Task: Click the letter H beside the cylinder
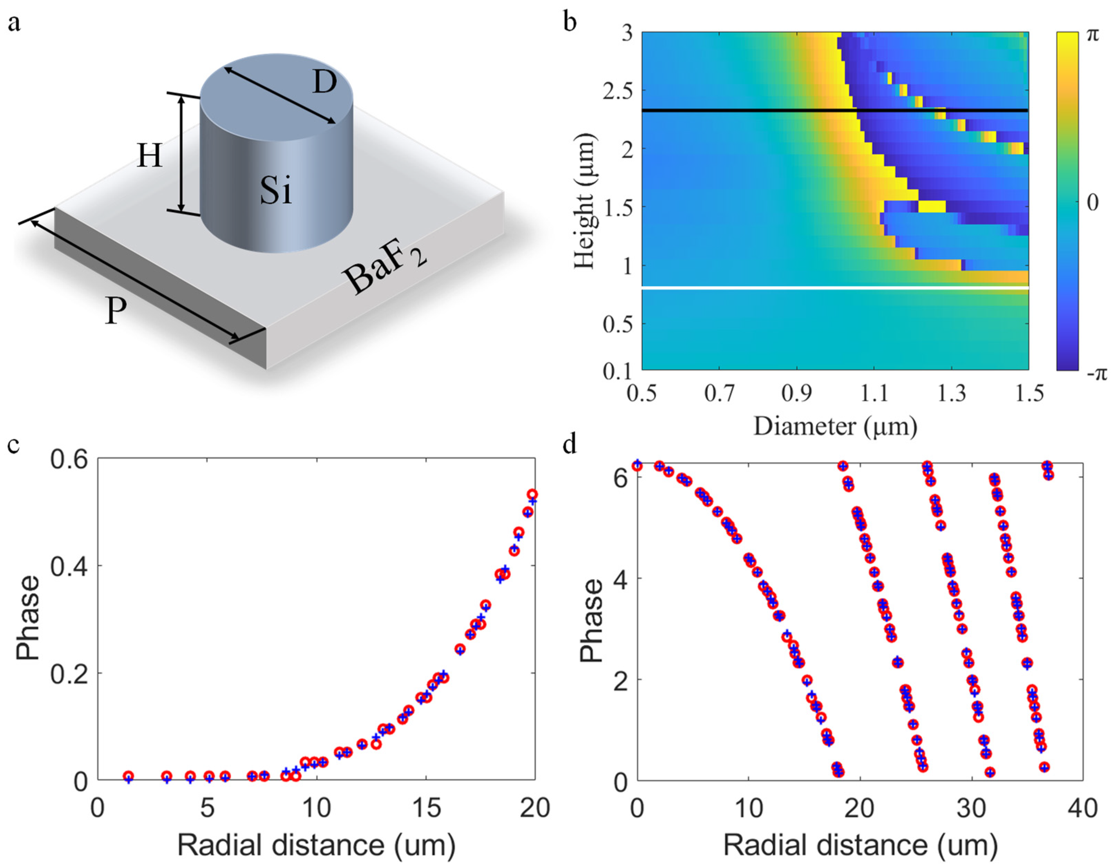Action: click(x=150, y=156)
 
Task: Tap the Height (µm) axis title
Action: click(x=584, y=201)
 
